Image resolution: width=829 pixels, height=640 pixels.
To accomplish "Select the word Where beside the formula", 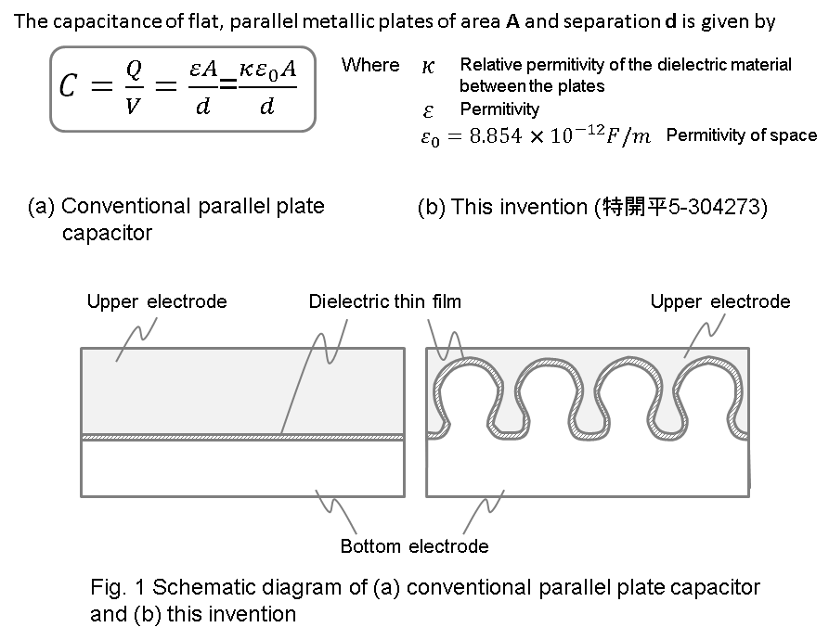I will point(370,65).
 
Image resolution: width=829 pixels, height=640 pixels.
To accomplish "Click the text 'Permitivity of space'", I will point(741,135).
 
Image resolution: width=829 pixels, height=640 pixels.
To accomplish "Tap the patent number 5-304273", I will point(717,207).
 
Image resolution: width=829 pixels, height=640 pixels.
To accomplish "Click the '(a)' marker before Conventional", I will point(41,206).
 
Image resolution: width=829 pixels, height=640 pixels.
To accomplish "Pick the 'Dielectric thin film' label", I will point(384,301).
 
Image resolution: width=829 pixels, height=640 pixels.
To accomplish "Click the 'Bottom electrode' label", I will point(414,546).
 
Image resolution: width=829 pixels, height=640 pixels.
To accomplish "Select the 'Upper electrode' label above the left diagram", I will point(157,301).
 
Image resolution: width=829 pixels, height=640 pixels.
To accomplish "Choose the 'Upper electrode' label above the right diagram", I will point(719,301).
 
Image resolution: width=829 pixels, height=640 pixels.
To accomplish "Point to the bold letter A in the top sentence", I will point(510,21).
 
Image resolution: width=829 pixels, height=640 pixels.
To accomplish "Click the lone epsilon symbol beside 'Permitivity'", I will point(428,110).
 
